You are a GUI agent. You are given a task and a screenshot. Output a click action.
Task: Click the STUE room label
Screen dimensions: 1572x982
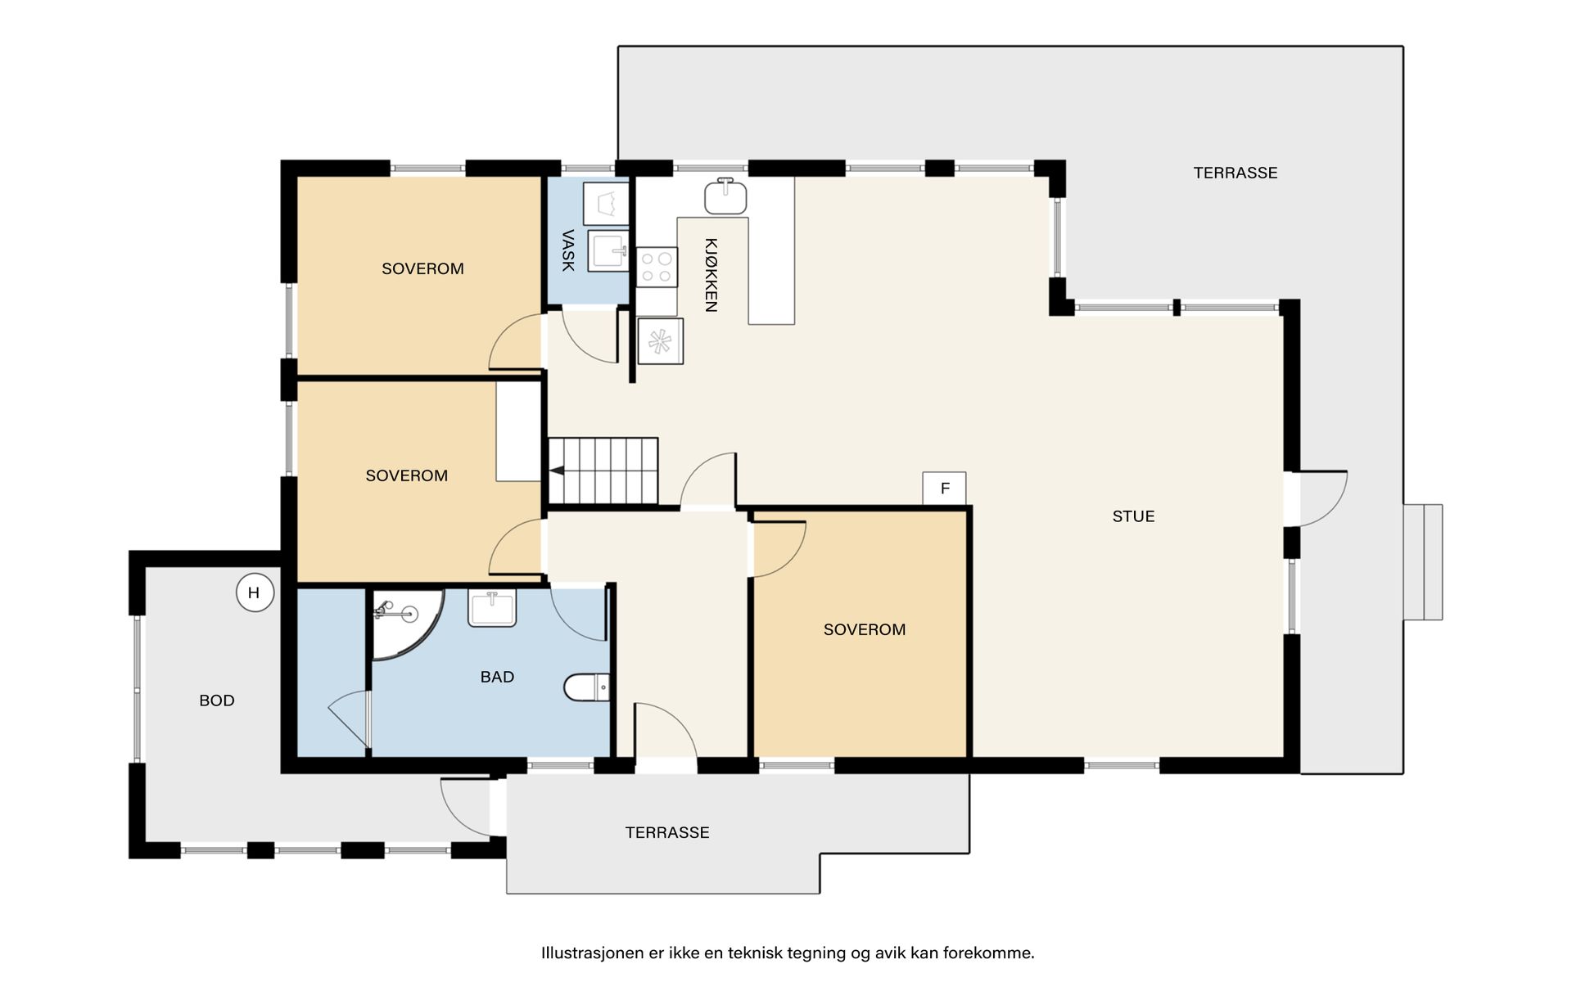[x=1133, y=516]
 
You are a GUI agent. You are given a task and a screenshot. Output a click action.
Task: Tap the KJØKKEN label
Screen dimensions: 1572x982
[x=711, y=275]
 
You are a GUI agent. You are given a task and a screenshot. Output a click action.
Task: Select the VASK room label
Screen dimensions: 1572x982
[x=567, y=250]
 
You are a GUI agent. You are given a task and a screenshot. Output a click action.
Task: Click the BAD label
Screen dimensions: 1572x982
[x=497, y=677]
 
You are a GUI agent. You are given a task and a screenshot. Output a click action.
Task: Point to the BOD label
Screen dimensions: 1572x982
[x=217, y=700]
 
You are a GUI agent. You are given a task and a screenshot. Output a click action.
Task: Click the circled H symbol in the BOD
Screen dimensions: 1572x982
[x=254, y=593]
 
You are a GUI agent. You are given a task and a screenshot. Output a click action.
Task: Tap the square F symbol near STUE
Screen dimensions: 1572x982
[x=944, y=489]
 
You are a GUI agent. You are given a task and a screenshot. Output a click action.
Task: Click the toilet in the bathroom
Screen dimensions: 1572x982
[x=587, y=687]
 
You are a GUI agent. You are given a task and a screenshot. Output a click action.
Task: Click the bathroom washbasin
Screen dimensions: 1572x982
[x=492, y=609]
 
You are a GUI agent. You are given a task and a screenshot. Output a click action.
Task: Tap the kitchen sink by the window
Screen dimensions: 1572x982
[x=725, y=196]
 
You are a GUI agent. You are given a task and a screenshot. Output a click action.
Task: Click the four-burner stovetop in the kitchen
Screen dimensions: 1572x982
[x=657, y=267]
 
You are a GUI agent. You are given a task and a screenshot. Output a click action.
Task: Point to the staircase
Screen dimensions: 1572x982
[x=603, y=471]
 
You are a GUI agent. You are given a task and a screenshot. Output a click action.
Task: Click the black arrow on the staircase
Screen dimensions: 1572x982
[x=557, y=471]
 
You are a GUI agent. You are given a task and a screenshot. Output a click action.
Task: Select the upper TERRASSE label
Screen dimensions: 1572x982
[x=1235, y=173]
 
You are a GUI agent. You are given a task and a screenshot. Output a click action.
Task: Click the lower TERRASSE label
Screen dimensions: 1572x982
[x=667, y=832]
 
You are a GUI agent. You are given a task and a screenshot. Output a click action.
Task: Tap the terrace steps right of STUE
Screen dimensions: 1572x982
[x=1423, y=562]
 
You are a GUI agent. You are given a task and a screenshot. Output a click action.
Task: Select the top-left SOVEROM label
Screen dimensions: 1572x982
[x=422, y=268]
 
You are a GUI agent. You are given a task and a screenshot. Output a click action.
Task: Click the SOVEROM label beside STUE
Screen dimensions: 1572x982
[x=865, y=629]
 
